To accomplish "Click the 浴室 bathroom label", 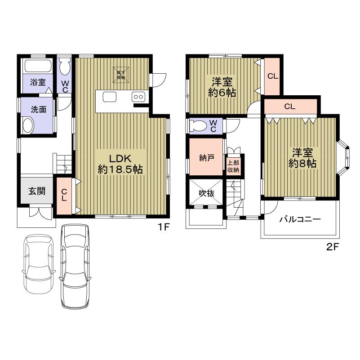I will (x=37, y=82).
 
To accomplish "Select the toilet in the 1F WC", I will (x=65, y=69).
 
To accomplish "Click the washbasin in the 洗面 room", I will (x=28, y=124).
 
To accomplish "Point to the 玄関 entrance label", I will (x=37, y=191).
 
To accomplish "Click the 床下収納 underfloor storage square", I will (x=121, y=75).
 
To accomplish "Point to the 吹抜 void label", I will (x=206, y=193).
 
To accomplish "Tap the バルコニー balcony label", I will (x=300, y=219).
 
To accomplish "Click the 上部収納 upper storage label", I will (x=233, y=167).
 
